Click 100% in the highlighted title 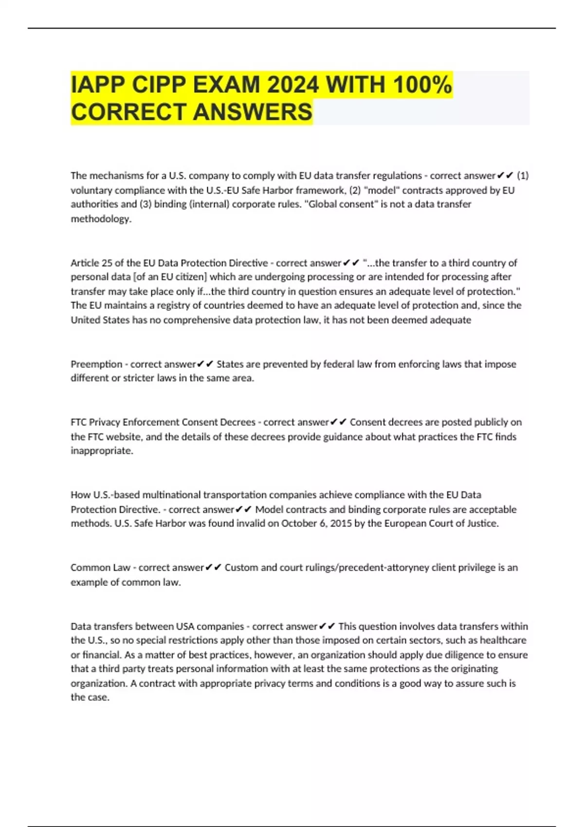click(422, 85)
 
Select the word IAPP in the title click(97, 85)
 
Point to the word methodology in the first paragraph click(100, 219)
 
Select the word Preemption click(96, 364)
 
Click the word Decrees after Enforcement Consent click(237, 422)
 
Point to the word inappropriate click(101, 451)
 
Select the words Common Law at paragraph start click(100, 568)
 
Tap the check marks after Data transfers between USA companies click(327, 627)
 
